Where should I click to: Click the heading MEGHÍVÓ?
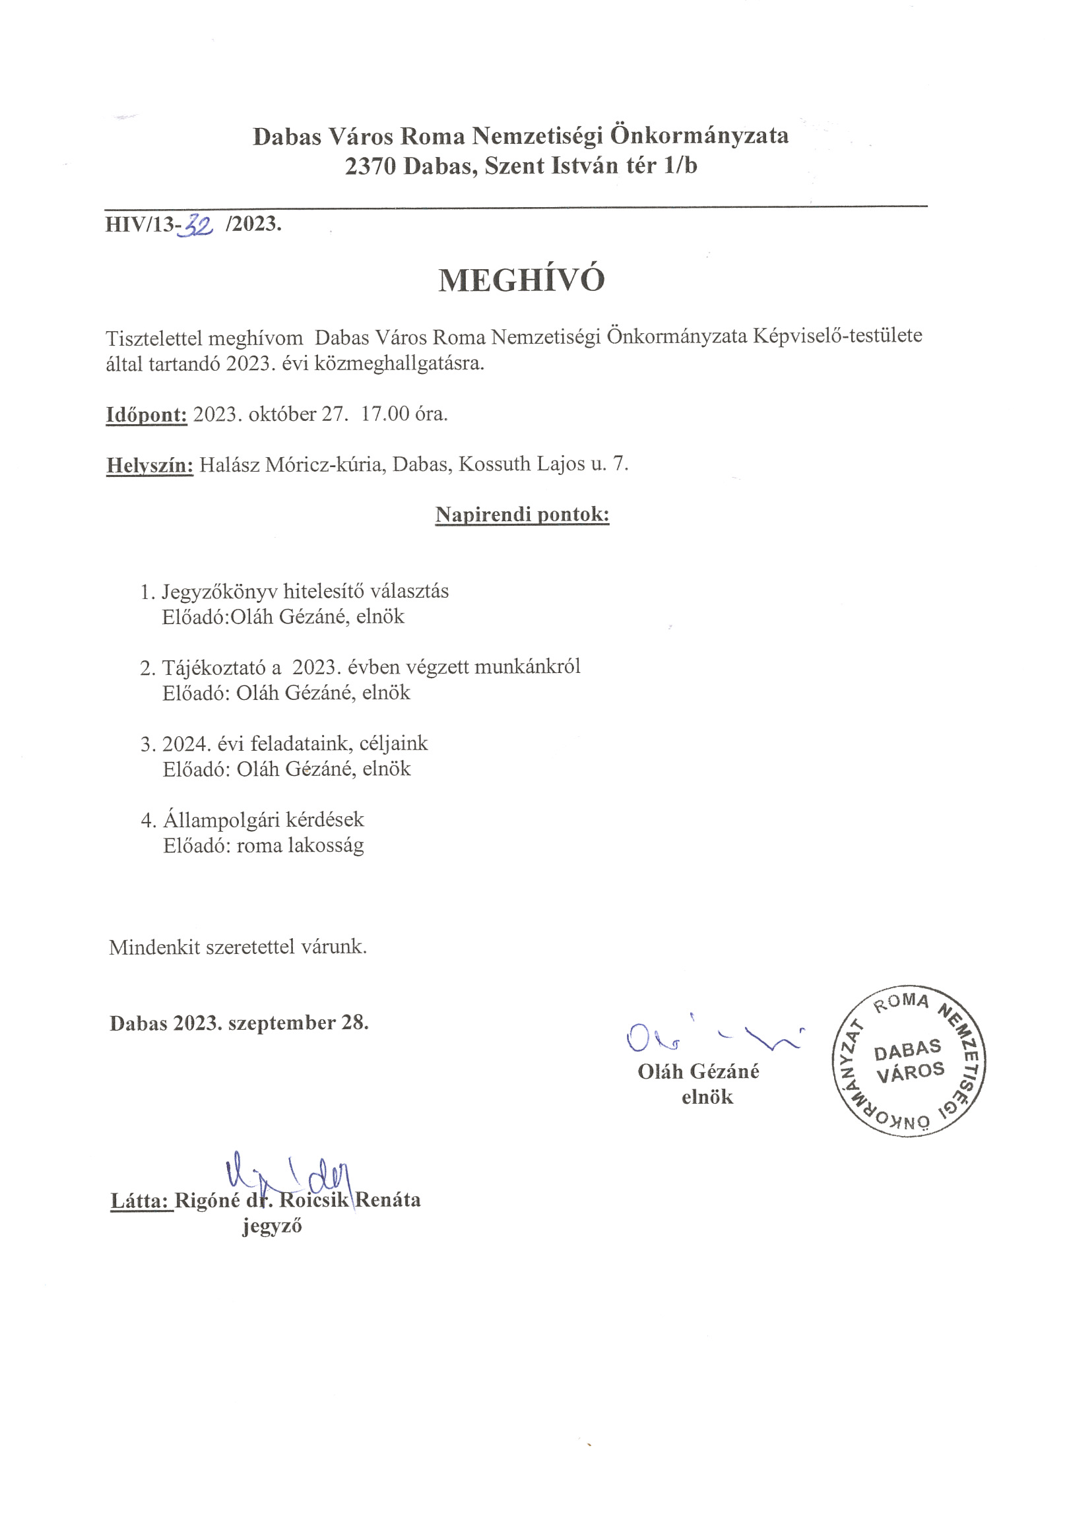(x=521, y=280)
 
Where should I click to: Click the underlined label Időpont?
(x=146, y=415)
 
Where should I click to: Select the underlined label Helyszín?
(x=150, y=464)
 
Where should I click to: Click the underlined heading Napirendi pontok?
(x=522, y=515)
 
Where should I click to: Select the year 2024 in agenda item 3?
(x=186, y=744)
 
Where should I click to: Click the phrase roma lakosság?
(x=300, y=846)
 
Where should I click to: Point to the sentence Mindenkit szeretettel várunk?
(x=238, y=947)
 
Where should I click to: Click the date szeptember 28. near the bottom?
(x=298, y=1023)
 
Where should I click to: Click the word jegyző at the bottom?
(x=272, y=1226)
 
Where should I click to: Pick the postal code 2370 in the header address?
(x=370, y=166)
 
